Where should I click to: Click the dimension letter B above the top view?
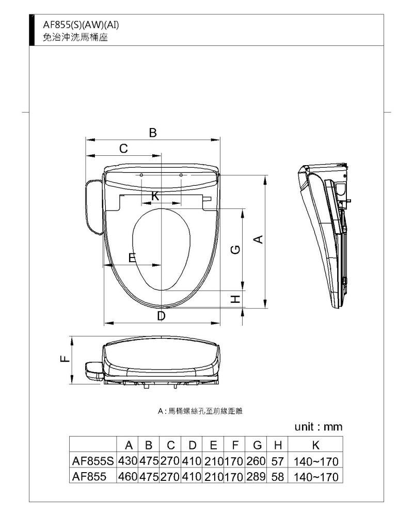[x=152, y=133]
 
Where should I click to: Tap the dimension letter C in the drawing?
[x=123, y=149]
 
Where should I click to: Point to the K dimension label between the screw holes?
[x=155, y=196]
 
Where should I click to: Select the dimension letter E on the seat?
[x=132, y=257]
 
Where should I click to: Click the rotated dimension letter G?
[x=235, y=250]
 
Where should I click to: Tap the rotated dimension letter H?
[x=235, y=299]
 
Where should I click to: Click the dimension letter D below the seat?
[x=161, y=316]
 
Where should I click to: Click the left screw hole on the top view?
[x=141, y=175]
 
